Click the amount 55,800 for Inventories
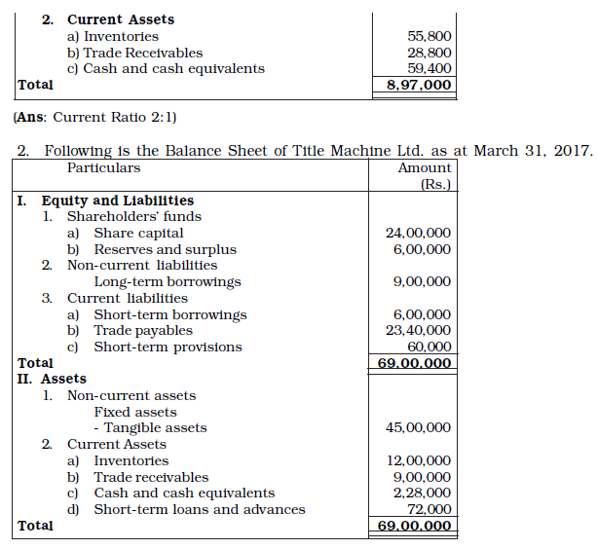click(429, 36)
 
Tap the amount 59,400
click(429, 69)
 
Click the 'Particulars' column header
click(103, 167)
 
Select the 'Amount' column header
click(425, 167)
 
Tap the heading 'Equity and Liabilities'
click(117, 201)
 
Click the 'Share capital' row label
click(138, 234)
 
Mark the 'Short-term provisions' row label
click(168, 348)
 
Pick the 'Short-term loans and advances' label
click(199, 510)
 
